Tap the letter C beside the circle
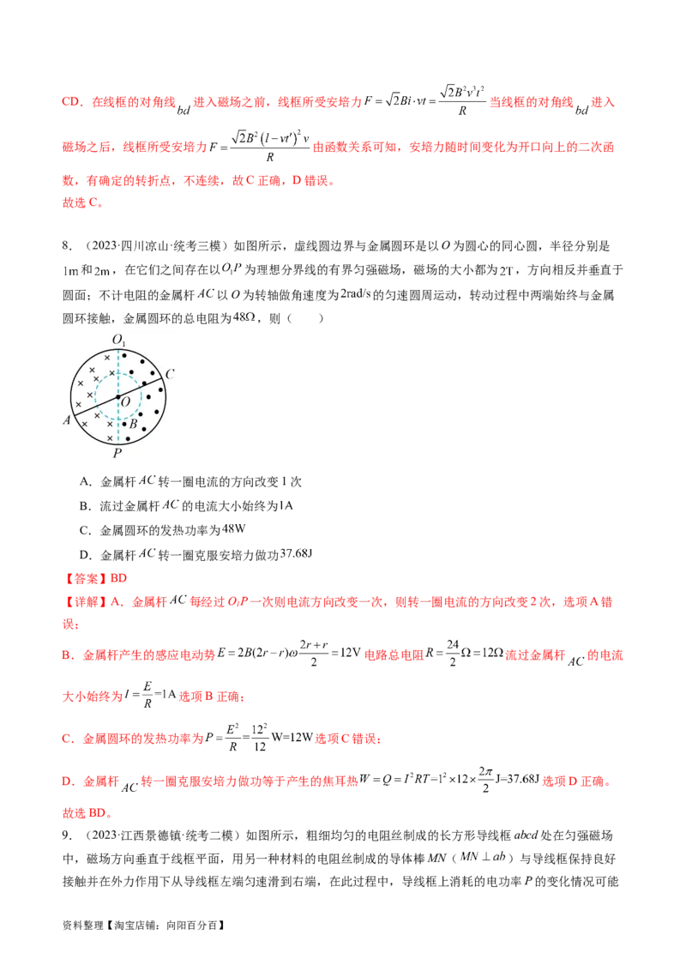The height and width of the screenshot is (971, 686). pyautogui.click(x=170, y=374)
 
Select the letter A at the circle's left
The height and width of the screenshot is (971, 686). pyautogui.click(x=66, y=420)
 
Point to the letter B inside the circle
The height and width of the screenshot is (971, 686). pyautogui.click(x=134, y=424)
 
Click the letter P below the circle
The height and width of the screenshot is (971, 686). pyautogui.click(x=117, y=453)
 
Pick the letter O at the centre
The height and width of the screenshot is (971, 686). pyautogui.click(x=126, y=402)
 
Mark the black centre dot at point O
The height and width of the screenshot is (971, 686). pyautogui.click(x=118, y=396)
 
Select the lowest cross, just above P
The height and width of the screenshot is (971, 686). pyautogui.click(x=109, y=437)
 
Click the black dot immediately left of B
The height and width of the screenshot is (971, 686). pyautogui.click(x=123, y=424)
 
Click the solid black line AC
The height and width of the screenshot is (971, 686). pyautogui.click(x=94, y=407)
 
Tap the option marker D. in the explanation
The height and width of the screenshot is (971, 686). pyautogui.click(x=66, y=782)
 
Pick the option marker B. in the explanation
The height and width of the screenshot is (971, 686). pyautogui.click(x=66, y=654)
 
